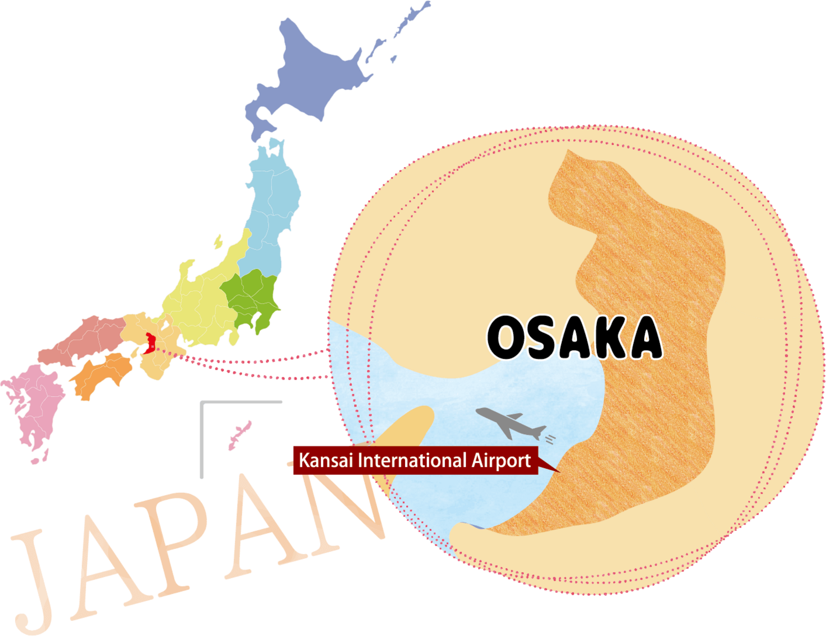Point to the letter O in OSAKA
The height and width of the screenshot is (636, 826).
click(508, 338)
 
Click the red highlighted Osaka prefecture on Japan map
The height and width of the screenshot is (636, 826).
click(151, 343)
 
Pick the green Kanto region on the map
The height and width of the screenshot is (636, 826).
click(252, 300)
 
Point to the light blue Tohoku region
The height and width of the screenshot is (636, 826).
click(273, 205)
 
